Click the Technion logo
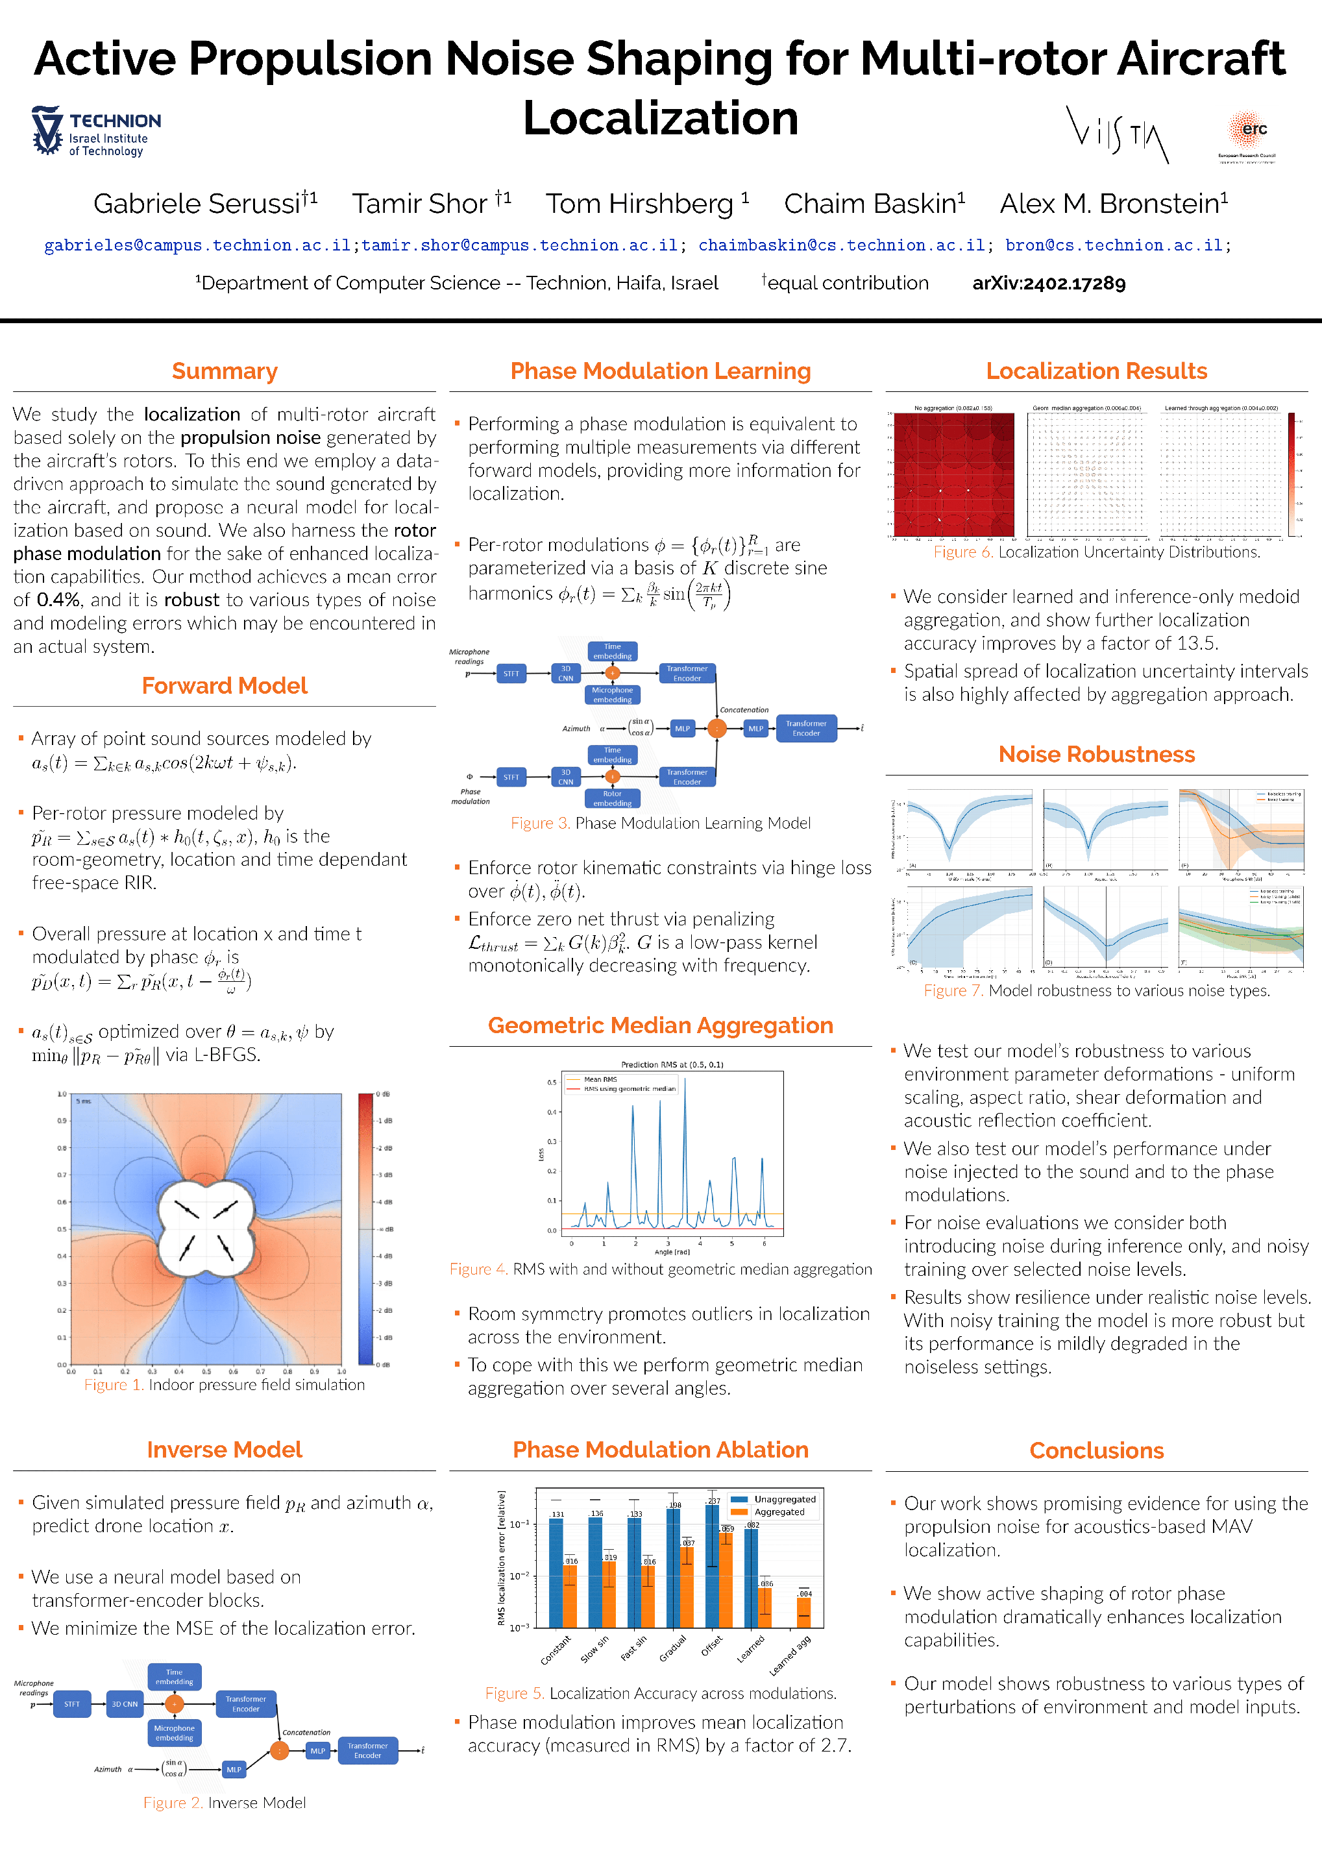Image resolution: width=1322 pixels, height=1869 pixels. coord(95,131)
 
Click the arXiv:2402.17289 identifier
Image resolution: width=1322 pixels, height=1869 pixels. coord(1049,284)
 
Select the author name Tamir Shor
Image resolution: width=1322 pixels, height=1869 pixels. coord(420,204)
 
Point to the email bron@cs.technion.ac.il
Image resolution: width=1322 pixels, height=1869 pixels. coord(1114,245)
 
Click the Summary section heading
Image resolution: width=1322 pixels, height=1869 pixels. coord(225,371)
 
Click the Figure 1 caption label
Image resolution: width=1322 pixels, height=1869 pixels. coord(114,1385)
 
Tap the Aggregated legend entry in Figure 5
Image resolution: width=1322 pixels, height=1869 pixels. coord(778,1511)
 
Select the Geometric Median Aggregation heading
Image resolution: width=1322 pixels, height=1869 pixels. coord(660,1025)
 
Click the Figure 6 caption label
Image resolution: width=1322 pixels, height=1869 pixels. coord(963,552)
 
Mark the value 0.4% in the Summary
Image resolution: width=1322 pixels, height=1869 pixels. coord(58,600)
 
